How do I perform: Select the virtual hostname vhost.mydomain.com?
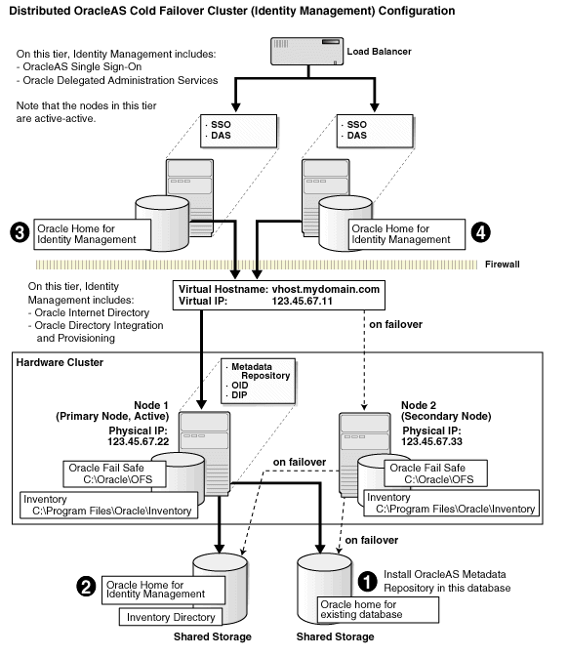pyautogui.click(x=328, y=290)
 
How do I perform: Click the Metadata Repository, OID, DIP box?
pyautogui.click(x=252, y=383)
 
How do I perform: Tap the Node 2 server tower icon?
pyautogui.click(x=358, y=439)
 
